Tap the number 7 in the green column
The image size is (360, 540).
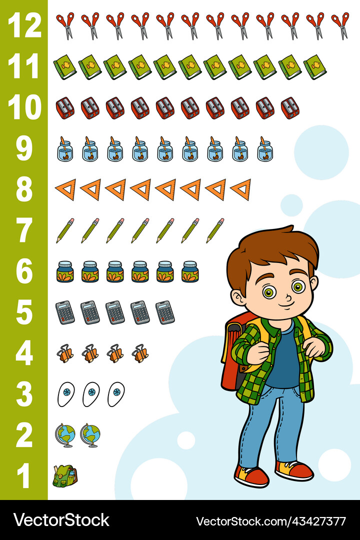pos(24,230)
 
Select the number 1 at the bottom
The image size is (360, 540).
pos(24,476)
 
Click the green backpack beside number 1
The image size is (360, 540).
pos(65,476)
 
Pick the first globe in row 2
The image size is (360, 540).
pos(65,435)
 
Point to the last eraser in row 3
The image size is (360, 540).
pos(116,394)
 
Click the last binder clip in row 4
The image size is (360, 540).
pos(140,353)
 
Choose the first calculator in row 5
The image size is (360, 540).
pos(65,312)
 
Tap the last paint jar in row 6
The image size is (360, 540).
pos(190,271)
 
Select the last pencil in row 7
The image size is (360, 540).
pos(215,230)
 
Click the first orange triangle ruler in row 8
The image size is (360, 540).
pos(65,189)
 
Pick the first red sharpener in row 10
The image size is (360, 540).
pos(65,107)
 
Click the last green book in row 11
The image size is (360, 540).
pos(315,66)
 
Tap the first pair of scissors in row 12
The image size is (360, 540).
pos(65,25)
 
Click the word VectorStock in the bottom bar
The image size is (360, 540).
pos(61,520)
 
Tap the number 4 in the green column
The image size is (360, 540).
pos(24,353)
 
